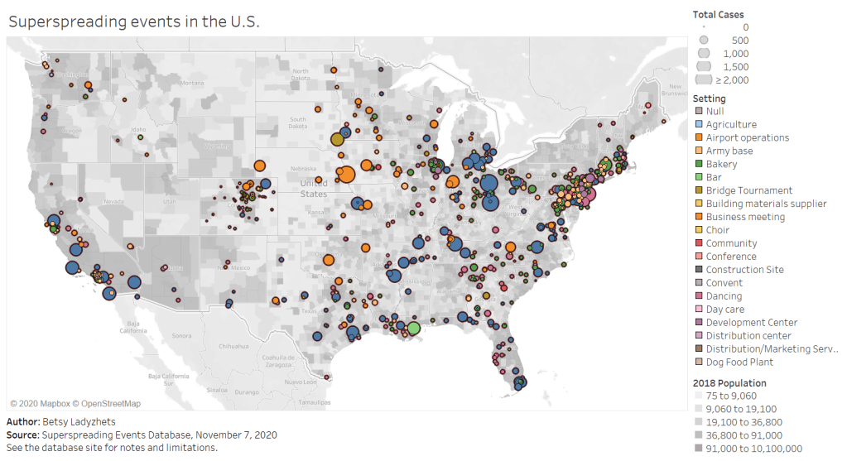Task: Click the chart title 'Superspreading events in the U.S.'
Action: pyautogui.click(x=134, y=22)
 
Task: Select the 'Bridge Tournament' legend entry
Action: pyautogui.click(x=748, y=190)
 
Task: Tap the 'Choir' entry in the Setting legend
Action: pyautogui.click(x=717, y=230)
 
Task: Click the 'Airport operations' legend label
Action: pyautogui.click(x=747, y=137)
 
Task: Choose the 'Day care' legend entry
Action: pyautogui.click(x=724, y=310)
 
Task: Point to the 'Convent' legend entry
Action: pyautogui.click(x=724, y=283)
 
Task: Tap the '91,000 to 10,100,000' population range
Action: pyautogui.click(x=753, y=449)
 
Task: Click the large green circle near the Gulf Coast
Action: pyautogui.click(x=414, y=328)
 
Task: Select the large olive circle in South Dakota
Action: pyautogui.click(x=338, y=139)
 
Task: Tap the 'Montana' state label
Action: pyautogui.click(x=191, y=83)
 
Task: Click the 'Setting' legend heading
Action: pyautogui.click(x=709, y=98)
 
